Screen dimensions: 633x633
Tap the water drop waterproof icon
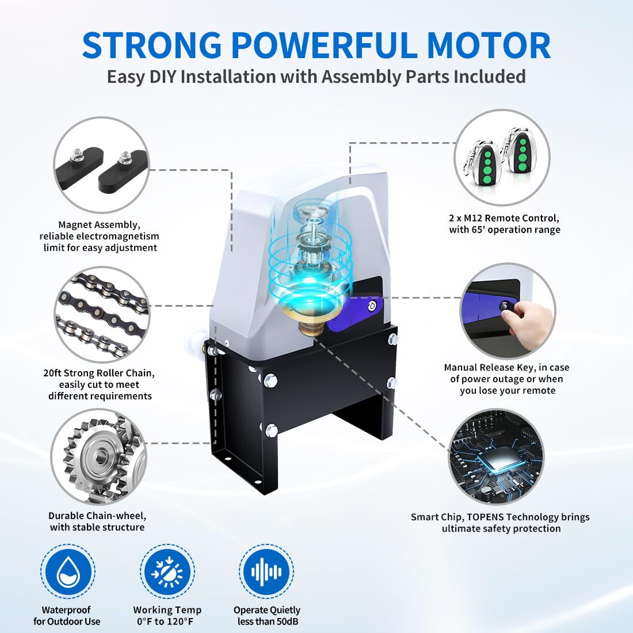tap(68, 571)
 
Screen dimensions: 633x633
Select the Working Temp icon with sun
tap(167, 571)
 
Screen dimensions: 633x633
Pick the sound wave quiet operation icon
tap(266, 571)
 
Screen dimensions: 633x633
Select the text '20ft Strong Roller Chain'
tap(99, 373)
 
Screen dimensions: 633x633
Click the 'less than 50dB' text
tap(268, 621)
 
